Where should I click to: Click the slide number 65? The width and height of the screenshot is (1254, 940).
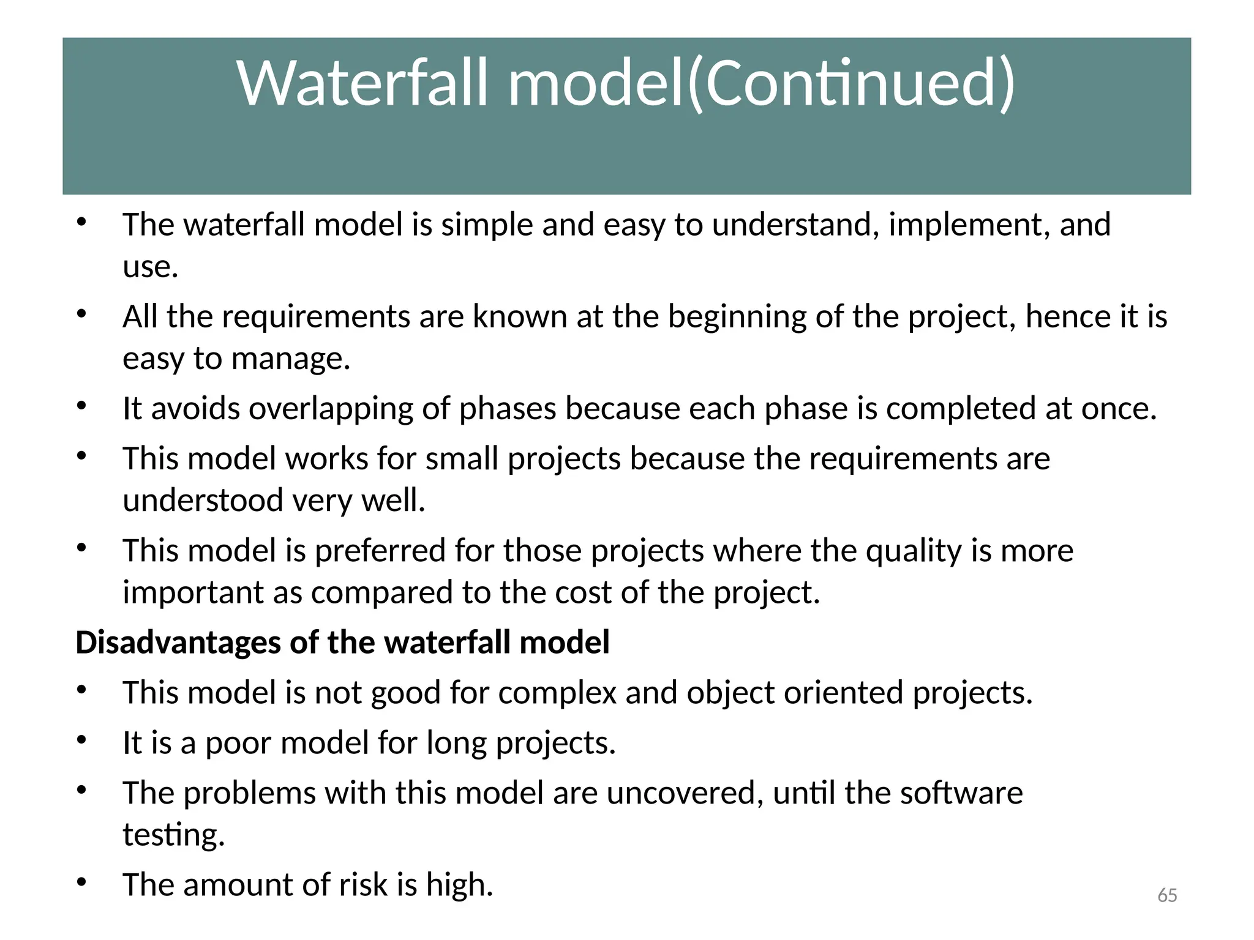(x=1167, y=895)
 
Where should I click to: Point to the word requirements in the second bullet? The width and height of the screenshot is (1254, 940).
(x=316, y=317)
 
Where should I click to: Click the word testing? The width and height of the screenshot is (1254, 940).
(x=173, y=835)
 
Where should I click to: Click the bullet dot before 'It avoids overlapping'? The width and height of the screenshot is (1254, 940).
(x=81, y=405)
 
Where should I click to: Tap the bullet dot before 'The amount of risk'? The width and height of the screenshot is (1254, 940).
(x=81, y=882)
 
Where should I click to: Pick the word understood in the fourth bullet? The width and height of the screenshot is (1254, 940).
(x=203, y=500)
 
